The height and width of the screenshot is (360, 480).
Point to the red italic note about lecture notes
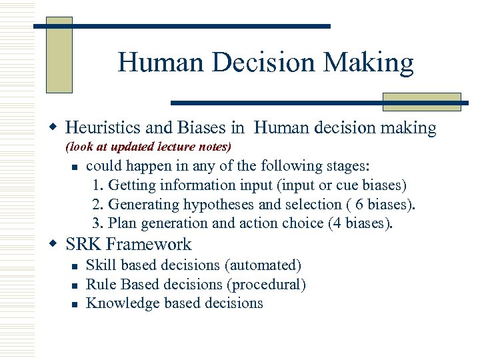(148, 146)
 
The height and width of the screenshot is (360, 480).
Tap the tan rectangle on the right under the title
(421, 101)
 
